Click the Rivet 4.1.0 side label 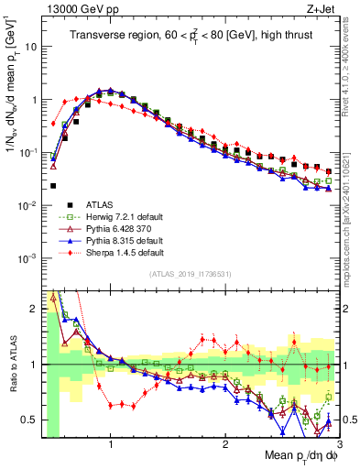pyautogui.click(x=350, y=64)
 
